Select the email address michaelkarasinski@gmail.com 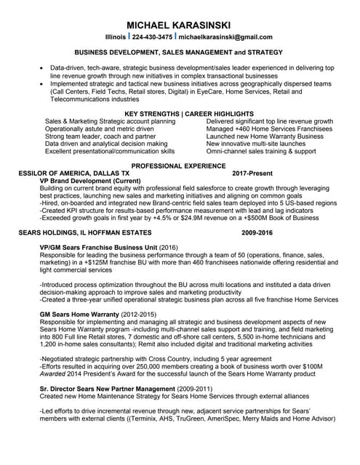[x=225, y=37]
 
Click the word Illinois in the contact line [x=116, y=37]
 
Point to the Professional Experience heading [x=179, y=166]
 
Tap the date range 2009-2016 [x=257, y=234]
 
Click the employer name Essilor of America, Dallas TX [x=74, y=174]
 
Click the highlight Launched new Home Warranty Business [x=265, y=136]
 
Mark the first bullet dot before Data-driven [x=41, y=68]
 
